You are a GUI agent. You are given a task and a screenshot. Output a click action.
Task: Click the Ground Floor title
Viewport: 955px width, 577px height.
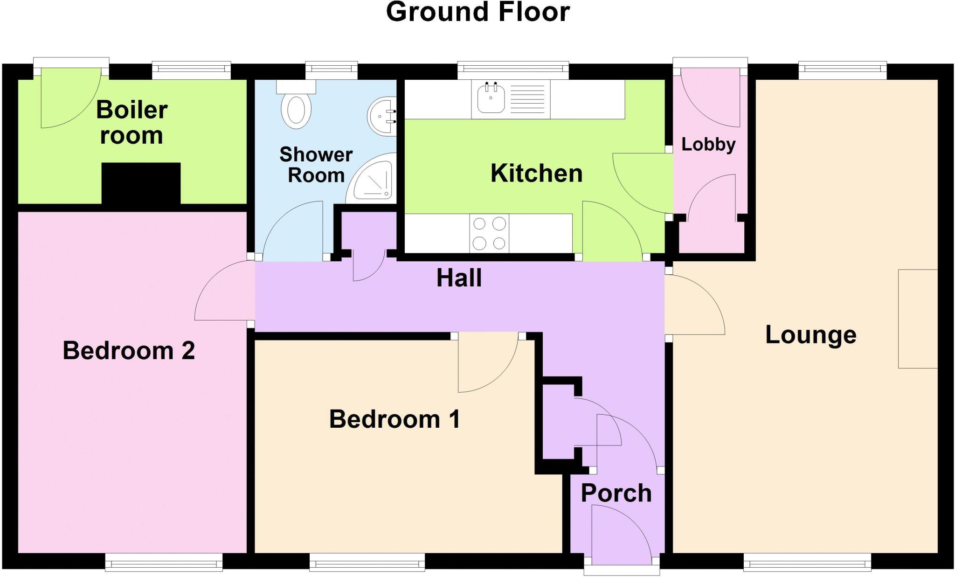477,12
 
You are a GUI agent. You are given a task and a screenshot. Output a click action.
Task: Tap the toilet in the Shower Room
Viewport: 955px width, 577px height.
296,109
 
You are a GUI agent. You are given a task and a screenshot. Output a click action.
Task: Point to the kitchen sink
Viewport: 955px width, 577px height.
491,98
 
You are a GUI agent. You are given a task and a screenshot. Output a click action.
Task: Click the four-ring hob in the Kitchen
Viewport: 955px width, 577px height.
489,233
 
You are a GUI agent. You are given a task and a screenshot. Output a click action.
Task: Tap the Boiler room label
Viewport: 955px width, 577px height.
131,123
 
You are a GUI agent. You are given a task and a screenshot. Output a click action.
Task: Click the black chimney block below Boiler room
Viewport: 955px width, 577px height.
141,183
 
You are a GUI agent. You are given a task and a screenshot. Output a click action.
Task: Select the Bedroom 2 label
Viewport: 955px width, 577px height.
129,351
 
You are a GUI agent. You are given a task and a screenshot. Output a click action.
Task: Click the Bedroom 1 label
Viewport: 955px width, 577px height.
394,419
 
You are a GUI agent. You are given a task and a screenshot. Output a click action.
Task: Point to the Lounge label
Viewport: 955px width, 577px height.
811,335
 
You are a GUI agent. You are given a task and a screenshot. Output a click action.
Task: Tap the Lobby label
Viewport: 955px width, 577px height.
708,145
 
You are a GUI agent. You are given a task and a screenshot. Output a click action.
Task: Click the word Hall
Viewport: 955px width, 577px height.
459,278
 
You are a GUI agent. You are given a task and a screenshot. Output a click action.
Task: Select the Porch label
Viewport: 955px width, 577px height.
616,494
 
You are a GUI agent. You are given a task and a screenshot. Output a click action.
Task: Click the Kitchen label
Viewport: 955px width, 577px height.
536,174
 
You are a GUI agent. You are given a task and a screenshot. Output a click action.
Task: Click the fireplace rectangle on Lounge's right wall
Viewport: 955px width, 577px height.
918,319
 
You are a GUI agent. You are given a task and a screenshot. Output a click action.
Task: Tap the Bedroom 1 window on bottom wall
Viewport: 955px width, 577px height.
367,563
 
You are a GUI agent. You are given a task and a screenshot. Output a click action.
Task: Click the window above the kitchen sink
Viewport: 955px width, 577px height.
513,70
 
